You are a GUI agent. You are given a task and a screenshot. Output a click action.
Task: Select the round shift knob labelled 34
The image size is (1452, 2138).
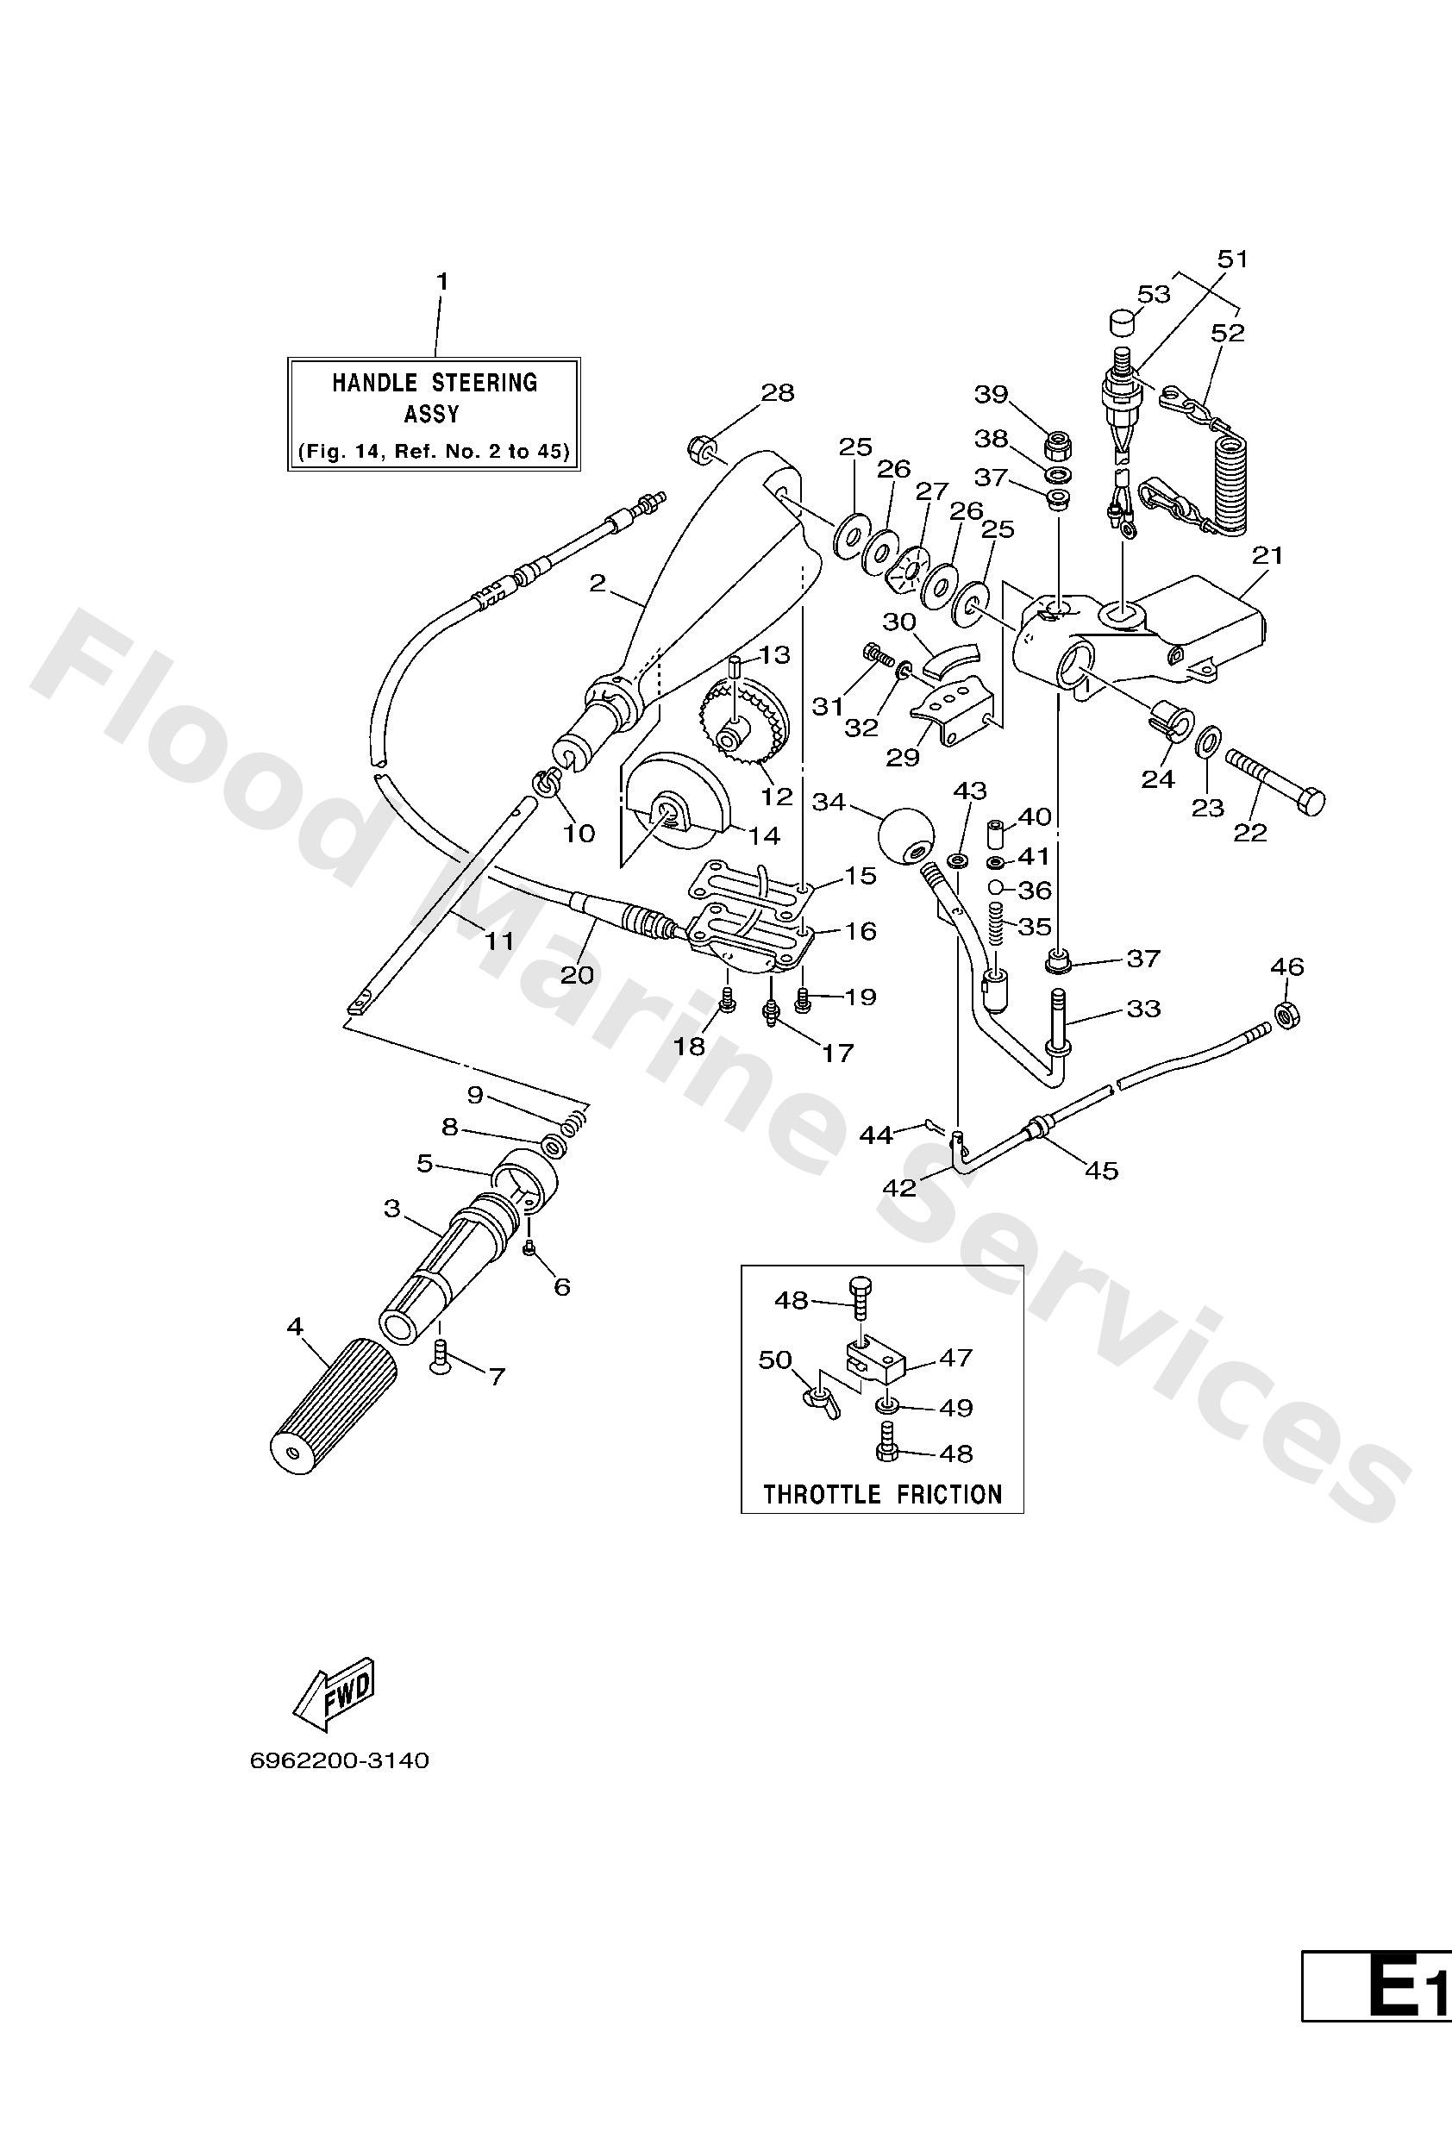point(905,835)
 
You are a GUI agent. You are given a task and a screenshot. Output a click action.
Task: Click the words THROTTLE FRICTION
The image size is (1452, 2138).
point(881,1494)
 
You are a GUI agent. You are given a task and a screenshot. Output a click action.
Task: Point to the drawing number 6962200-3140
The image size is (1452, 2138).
point(340,1760)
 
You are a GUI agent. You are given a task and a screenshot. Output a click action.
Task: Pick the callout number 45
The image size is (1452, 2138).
point(1101,1170)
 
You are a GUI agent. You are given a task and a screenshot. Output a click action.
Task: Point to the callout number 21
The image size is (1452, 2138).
point(1267,556)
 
